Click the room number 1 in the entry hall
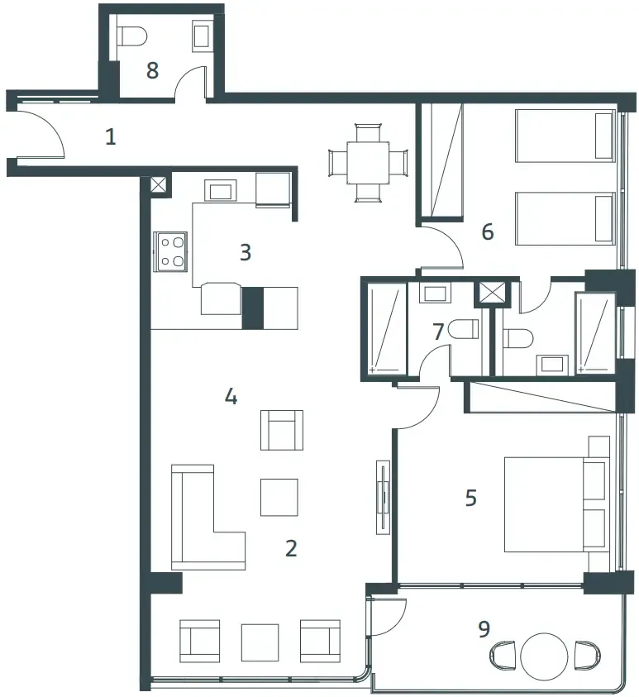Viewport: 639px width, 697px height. pyautogui.click(x=111, y=136)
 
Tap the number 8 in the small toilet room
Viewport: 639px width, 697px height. pyautogui.click(x=152, y=70)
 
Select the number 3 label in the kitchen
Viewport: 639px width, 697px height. pyautogui.click(x=245, y=251)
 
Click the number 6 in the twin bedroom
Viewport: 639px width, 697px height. pyautogui.click(x=488, y=232)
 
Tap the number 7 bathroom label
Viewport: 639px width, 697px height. pyautogui.click(x=438, y=332)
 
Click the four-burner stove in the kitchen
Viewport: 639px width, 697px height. pyautogui.click(x=172, y=251)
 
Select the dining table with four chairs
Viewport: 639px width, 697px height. pyautogui.click(x=368, y=162)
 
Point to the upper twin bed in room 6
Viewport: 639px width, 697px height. pyautogui.click(x=566, y=136)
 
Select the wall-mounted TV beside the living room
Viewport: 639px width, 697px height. pyautogui.click(x=383, y=496)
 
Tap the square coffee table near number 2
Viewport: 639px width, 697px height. pyautogui.click(x=279, y=497)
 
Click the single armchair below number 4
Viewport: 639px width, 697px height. pyautogui.click(x=281, y=430)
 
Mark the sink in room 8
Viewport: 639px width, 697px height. pyautogui.click(x=203, y=36)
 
